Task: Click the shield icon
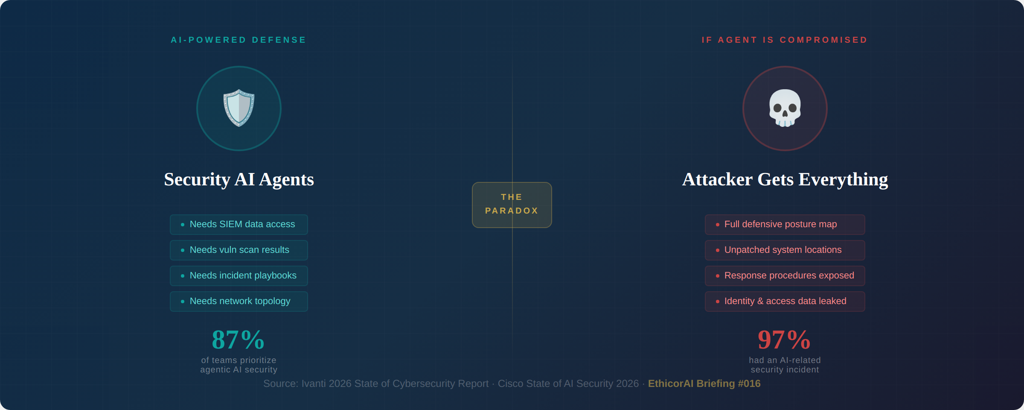(239, 108)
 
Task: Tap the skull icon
(785, 108)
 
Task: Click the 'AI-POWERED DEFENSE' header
(239, 40)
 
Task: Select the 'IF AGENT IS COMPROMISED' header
(785, 40)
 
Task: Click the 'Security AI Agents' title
(239, 179)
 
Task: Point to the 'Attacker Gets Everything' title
(785, 179)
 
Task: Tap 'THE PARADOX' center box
(512, 205)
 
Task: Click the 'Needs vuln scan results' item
(239, 250)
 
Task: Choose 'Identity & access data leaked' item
(785, 302)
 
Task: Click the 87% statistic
(238, 340)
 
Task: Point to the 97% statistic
(784, 340)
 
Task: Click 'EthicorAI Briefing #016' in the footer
(704, 384)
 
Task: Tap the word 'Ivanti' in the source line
(314, 384)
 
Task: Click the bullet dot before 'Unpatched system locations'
(718, 250)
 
